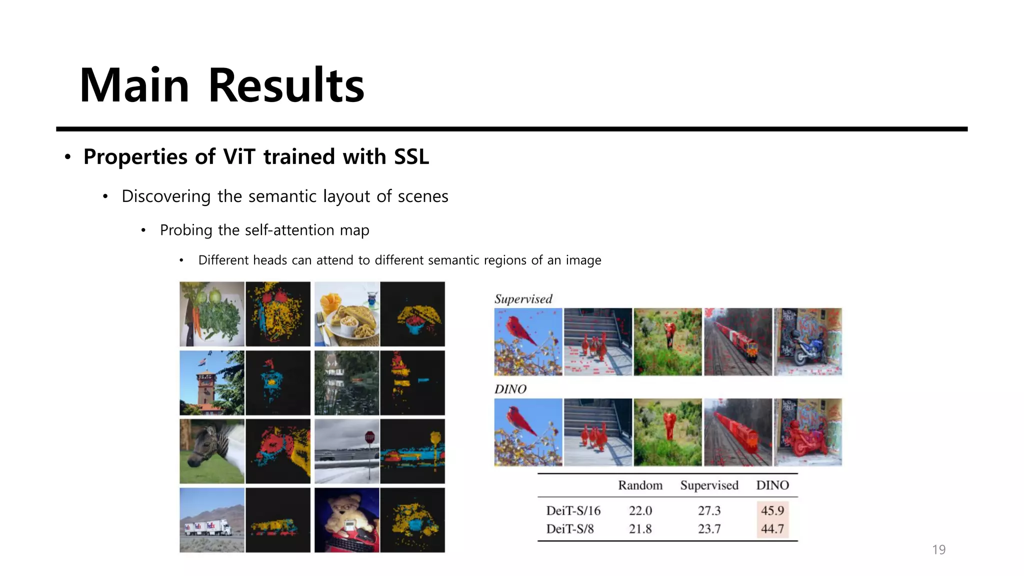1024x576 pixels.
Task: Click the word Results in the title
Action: [x=286, y=86]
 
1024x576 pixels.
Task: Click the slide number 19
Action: [x=938, y=549]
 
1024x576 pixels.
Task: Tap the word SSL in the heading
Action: [x=411, y=157]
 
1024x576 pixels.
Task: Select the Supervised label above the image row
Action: [x=523, y=299]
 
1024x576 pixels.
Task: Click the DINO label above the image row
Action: [x=510, y=389]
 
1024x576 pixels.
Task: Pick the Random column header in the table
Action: [x=640, y=485]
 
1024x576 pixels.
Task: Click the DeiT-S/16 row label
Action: [x=573, y=510]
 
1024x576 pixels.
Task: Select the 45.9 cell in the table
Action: [x=772, y=510]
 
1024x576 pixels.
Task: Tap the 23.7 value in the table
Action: [x=709, y=528]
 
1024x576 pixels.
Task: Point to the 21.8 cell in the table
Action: [x=640, y=528]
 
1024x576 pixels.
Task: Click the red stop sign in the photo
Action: [x=369, y=437]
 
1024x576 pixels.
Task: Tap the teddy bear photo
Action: [x=347, y=520]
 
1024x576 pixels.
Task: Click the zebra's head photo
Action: [x=212, y=451]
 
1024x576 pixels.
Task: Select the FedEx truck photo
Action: [x=212, y=520]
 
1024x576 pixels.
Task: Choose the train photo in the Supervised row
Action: [x=738, y=342]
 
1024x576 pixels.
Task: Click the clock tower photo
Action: [x=212, y=383]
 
